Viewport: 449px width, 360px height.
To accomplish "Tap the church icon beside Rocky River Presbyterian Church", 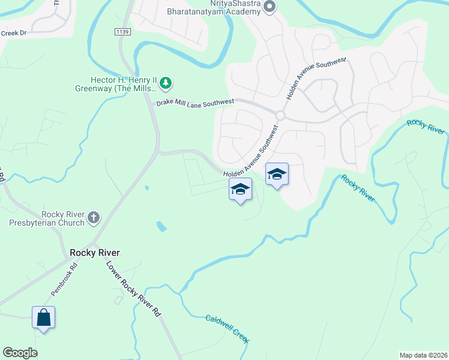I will click(94, 218).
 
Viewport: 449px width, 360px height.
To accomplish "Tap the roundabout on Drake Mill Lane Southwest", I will click(280, 115).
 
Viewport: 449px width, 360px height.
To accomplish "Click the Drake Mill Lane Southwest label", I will click(195, 103).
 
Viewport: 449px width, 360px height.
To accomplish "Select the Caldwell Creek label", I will click(227, 329).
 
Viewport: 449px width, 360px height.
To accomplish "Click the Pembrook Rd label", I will click(64, 280).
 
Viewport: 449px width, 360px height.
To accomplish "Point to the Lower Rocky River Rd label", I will click(134, 289).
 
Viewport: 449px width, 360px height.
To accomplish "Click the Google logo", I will click(20, 353).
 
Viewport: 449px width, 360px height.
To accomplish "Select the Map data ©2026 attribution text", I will click(423, 355).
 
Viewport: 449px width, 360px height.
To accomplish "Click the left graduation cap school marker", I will click(240, 189).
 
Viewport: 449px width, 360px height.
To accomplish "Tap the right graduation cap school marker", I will click(276, 174).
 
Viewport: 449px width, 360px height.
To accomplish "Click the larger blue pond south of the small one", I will click(161, 227).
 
